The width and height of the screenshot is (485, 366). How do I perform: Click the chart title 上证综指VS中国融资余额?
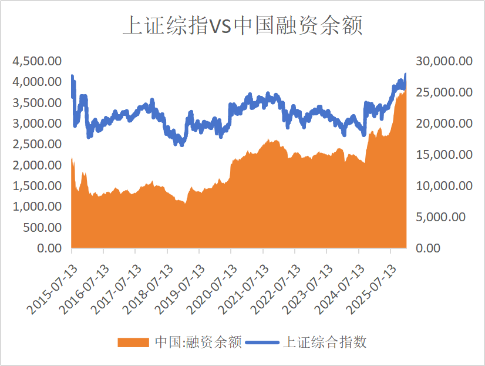[242, 27]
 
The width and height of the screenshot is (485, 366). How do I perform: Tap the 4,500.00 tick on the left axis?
[37, 61]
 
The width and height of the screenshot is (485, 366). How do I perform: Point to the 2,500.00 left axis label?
[37, 144]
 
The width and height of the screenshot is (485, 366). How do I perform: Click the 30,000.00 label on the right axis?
[443, 61]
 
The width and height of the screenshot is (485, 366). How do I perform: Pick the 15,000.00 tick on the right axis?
[443, 155]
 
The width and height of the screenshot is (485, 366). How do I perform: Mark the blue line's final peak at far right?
[405, 75]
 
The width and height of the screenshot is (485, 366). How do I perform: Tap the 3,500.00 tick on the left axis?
[37, 103]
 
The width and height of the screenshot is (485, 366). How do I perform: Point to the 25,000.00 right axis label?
[443, 92]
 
